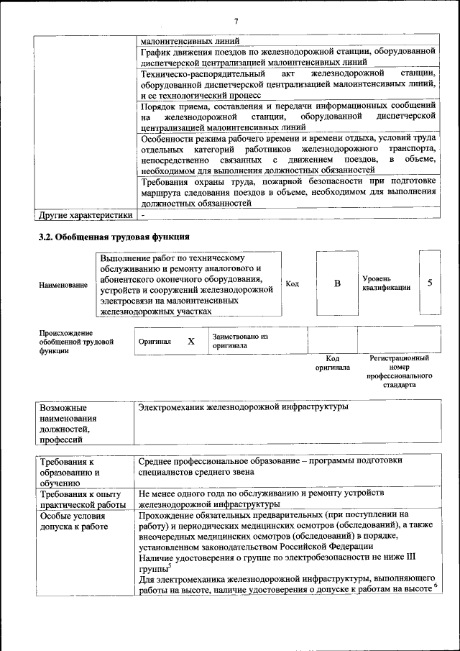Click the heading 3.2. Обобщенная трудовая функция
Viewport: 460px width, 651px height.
click(x=114, y=236)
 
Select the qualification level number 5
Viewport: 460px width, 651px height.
click(x=430, y=283)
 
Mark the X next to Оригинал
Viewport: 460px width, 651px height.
click(x=191, y=341)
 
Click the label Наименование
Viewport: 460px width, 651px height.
click(x=63, y=285)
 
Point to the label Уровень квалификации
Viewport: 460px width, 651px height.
click(x=387, y=283)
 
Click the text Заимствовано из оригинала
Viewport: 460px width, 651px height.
click(x=239, y=341)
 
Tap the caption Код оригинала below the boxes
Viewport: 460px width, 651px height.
click(x=332, y=363)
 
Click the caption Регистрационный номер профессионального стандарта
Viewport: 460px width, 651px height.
click(x=399, y=371)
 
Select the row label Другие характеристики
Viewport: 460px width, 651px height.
click(x=86, y=214)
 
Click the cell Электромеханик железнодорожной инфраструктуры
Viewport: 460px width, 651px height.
click(x=242, y=407)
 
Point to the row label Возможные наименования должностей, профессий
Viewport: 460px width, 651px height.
click(x=72, y=423)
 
